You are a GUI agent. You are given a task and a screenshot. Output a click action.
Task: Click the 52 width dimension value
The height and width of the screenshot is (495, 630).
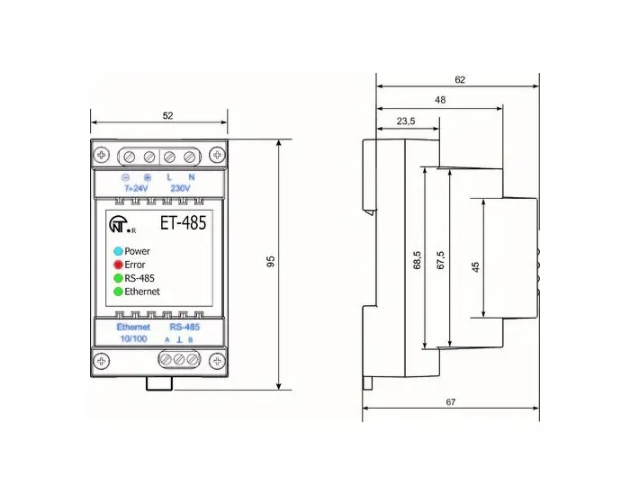tap(167, 116)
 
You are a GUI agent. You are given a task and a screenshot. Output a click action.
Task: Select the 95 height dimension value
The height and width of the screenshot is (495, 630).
tap(271, 261)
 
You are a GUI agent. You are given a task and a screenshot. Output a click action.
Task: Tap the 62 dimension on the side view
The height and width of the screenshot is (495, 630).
tap(460, 79)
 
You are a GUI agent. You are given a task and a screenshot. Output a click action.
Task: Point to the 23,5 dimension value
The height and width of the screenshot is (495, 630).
tap(406, 121)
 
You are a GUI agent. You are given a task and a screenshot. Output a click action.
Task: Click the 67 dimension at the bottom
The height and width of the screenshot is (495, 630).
tap(451, 401)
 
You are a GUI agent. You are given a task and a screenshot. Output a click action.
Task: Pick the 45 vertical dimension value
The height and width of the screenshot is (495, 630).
tap(476, 266)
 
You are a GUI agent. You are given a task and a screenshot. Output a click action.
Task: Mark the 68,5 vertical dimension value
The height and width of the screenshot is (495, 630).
tap(417, 260)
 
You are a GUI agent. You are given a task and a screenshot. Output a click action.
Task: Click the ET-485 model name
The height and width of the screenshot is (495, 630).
tap(184, 222)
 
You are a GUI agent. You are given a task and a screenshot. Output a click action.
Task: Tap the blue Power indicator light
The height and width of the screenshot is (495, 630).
tap(118, 251)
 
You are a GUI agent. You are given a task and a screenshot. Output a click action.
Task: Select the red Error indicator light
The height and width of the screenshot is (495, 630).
tap(118, 265)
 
